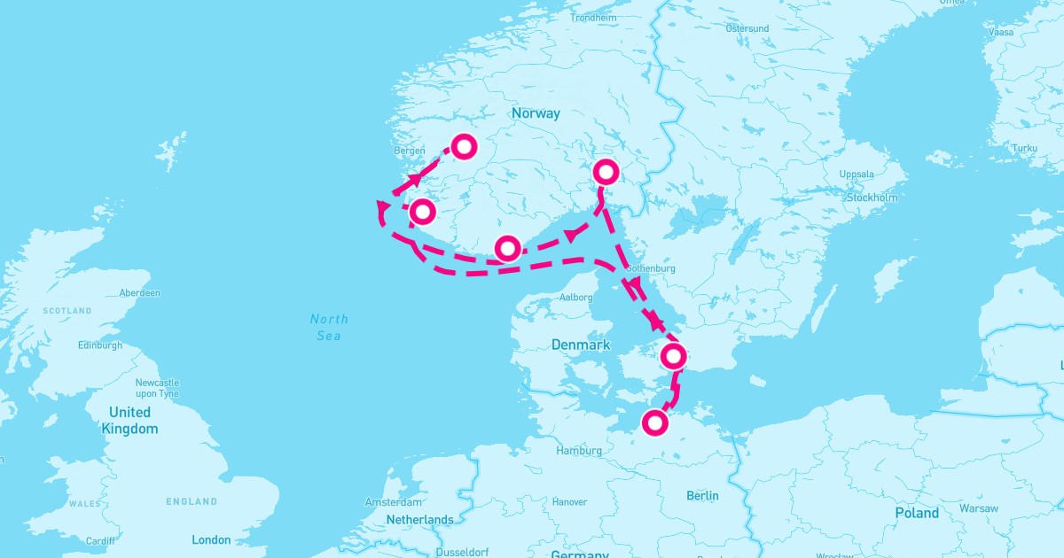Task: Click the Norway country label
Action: pos(536,113)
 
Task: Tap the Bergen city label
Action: pos(410,151)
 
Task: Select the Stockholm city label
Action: pos(872,198)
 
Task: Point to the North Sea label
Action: pos(329,327)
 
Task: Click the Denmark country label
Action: pos(581,345)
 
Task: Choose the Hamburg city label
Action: pos(578,451)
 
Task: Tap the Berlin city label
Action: pos(702,495)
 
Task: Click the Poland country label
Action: pos(917,513)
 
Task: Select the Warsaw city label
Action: pos(978,508)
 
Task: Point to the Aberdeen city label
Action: pos(140,292)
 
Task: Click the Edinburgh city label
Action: pos(100,345)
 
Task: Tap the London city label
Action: pos(211,539)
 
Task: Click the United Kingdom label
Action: pos(129,421)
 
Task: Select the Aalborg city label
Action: pos(575,298)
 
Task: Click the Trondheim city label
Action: pos(593,18)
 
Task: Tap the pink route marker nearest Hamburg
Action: pos(654,423)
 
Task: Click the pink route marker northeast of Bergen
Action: pos(464,146)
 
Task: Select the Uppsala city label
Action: pos(857,174)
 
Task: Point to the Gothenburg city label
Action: pos(651,268)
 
